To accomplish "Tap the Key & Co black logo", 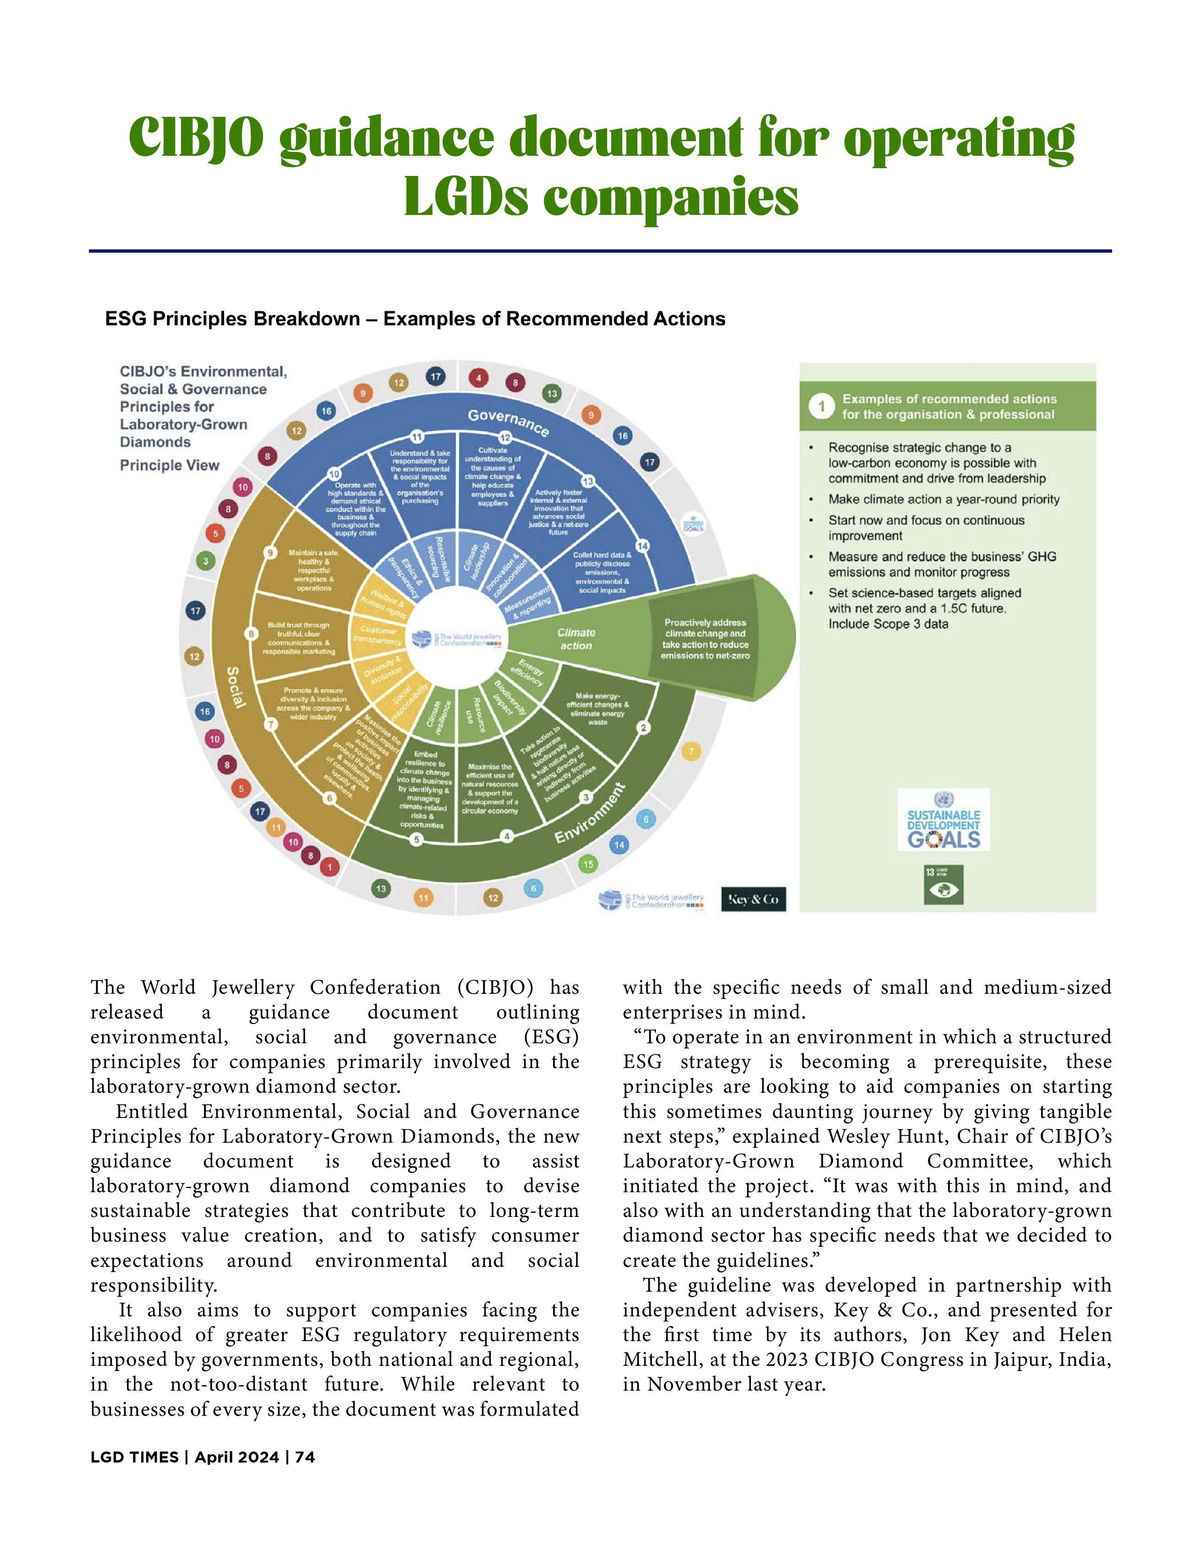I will click(753, 899).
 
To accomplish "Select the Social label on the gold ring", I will click(236, 687).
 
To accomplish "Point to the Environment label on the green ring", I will click(590, 814).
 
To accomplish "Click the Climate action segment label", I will click(576, 639).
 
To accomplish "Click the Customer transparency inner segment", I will click(378, 635).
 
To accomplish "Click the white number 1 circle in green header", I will click(821, 407).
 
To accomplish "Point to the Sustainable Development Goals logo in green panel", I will click(943, 821).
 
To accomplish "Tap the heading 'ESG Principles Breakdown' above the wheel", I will click(233, 319).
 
